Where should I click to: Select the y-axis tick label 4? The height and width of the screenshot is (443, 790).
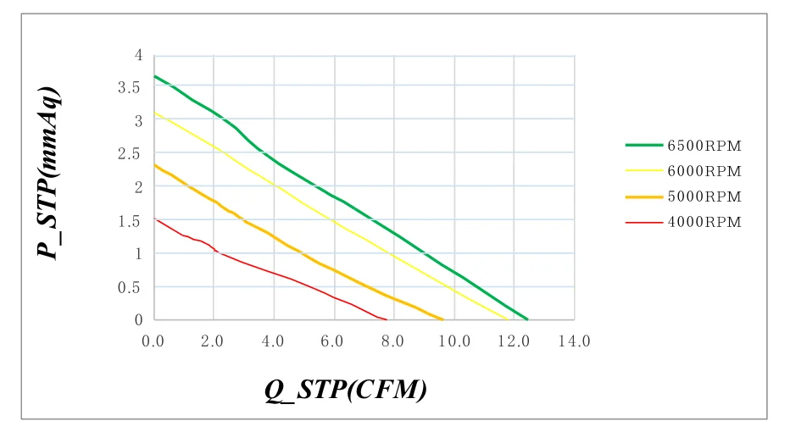pyautogui.click(x=139, y=55)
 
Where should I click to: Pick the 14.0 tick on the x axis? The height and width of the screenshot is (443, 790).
pyautogui.click(x=575, y=341)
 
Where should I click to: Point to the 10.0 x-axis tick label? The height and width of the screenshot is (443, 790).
pyautogui.click(x=454, y=341)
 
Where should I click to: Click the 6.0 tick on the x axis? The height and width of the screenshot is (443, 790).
pyautogui.click(x=334, y=341)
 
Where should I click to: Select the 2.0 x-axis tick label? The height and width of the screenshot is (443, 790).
pyautogui.click(x=214, y=341)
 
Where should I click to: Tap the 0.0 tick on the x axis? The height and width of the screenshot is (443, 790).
pyautogui.click(x=153, y=341)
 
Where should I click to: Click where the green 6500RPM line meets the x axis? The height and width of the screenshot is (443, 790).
pyautogui.click(x=527, y=319)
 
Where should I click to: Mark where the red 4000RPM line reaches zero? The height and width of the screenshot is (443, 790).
pyautogui.click(x=387, y=319)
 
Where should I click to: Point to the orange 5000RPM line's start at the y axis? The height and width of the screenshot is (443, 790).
pyautogui.click(x=154, y=165)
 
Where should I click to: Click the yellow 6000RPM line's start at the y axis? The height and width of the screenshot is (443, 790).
pyautogui.click(x=154, y=113)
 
